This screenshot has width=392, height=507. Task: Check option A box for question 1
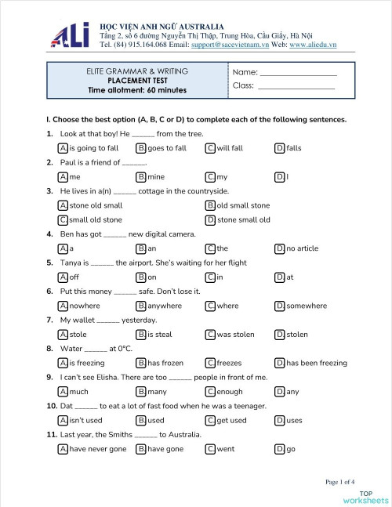tap(63, 148)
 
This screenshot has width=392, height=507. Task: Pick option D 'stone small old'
tap(243, 220)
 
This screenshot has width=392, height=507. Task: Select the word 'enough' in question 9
tap(229, 392)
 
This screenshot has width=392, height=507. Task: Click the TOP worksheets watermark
tap(365, 497)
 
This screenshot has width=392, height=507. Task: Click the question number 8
tap(49, 349)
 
